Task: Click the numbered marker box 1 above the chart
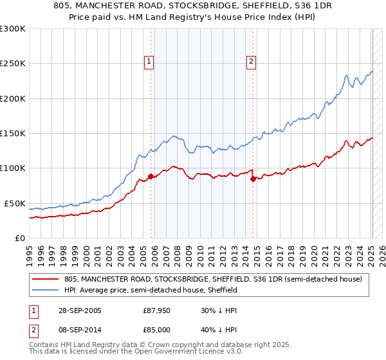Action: coord(149,62)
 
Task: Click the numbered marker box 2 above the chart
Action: coord(250,62)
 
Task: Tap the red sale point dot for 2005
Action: coord(151,176)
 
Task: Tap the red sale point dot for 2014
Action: coord(253,179)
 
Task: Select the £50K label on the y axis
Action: coord(14,203)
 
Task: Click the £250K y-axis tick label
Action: coord(12,64)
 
